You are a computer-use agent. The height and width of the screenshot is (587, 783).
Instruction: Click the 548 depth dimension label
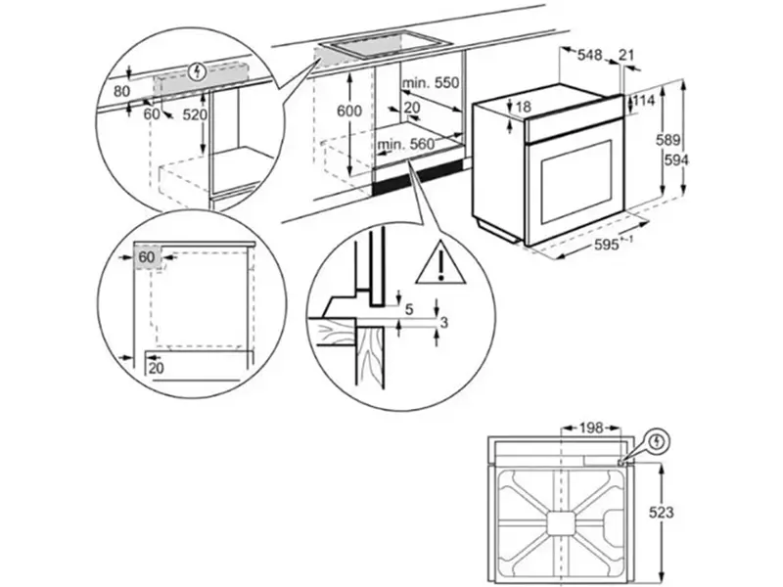589,55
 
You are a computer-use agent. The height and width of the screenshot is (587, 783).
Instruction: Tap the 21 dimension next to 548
627,55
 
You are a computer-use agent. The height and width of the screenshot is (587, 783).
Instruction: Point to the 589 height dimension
668,140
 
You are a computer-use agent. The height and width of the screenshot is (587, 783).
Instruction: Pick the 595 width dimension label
607,247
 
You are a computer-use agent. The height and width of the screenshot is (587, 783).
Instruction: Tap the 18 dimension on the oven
523,107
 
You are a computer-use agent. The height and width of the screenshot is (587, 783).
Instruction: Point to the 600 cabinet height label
349,111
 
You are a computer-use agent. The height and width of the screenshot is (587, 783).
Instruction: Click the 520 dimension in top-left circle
197,114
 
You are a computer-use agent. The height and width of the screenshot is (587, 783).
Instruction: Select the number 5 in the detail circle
409,309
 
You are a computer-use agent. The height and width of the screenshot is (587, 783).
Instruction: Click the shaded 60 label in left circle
147,256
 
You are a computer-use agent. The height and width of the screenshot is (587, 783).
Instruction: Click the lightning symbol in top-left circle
200,70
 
